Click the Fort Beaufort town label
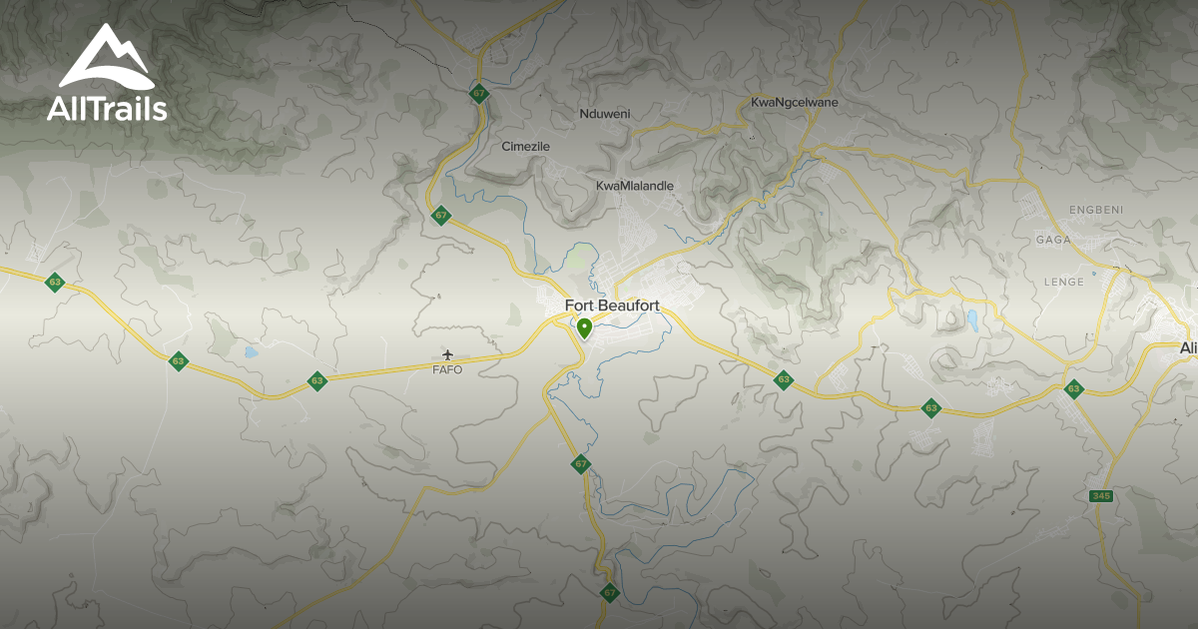[x=612, y=306]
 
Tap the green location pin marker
[x=584, y=326]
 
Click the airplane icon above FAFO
[x=447, y=354]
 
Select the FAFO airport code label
[x=447, y=370]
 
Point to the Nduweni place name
[x=605, y=114]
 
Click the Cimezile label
[x=525, y=147]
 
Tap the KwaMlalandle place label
[x=635, y=186]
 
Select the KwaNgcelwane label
[x=794, y=103]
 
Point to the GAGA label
[x=1053, y=240]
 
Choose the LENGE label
[x=1063, y=283]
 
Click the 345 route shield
[x=1101, y=496]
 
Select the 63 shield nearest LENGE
[x=1074, y=389]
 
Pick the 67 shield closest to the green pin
[x=581, y=464]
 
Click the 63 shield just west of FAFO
[x=317, y=380]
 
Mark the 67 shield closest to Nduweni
[x=480, y=94]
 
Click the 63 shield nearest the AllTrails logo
[x=55, y=283]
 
